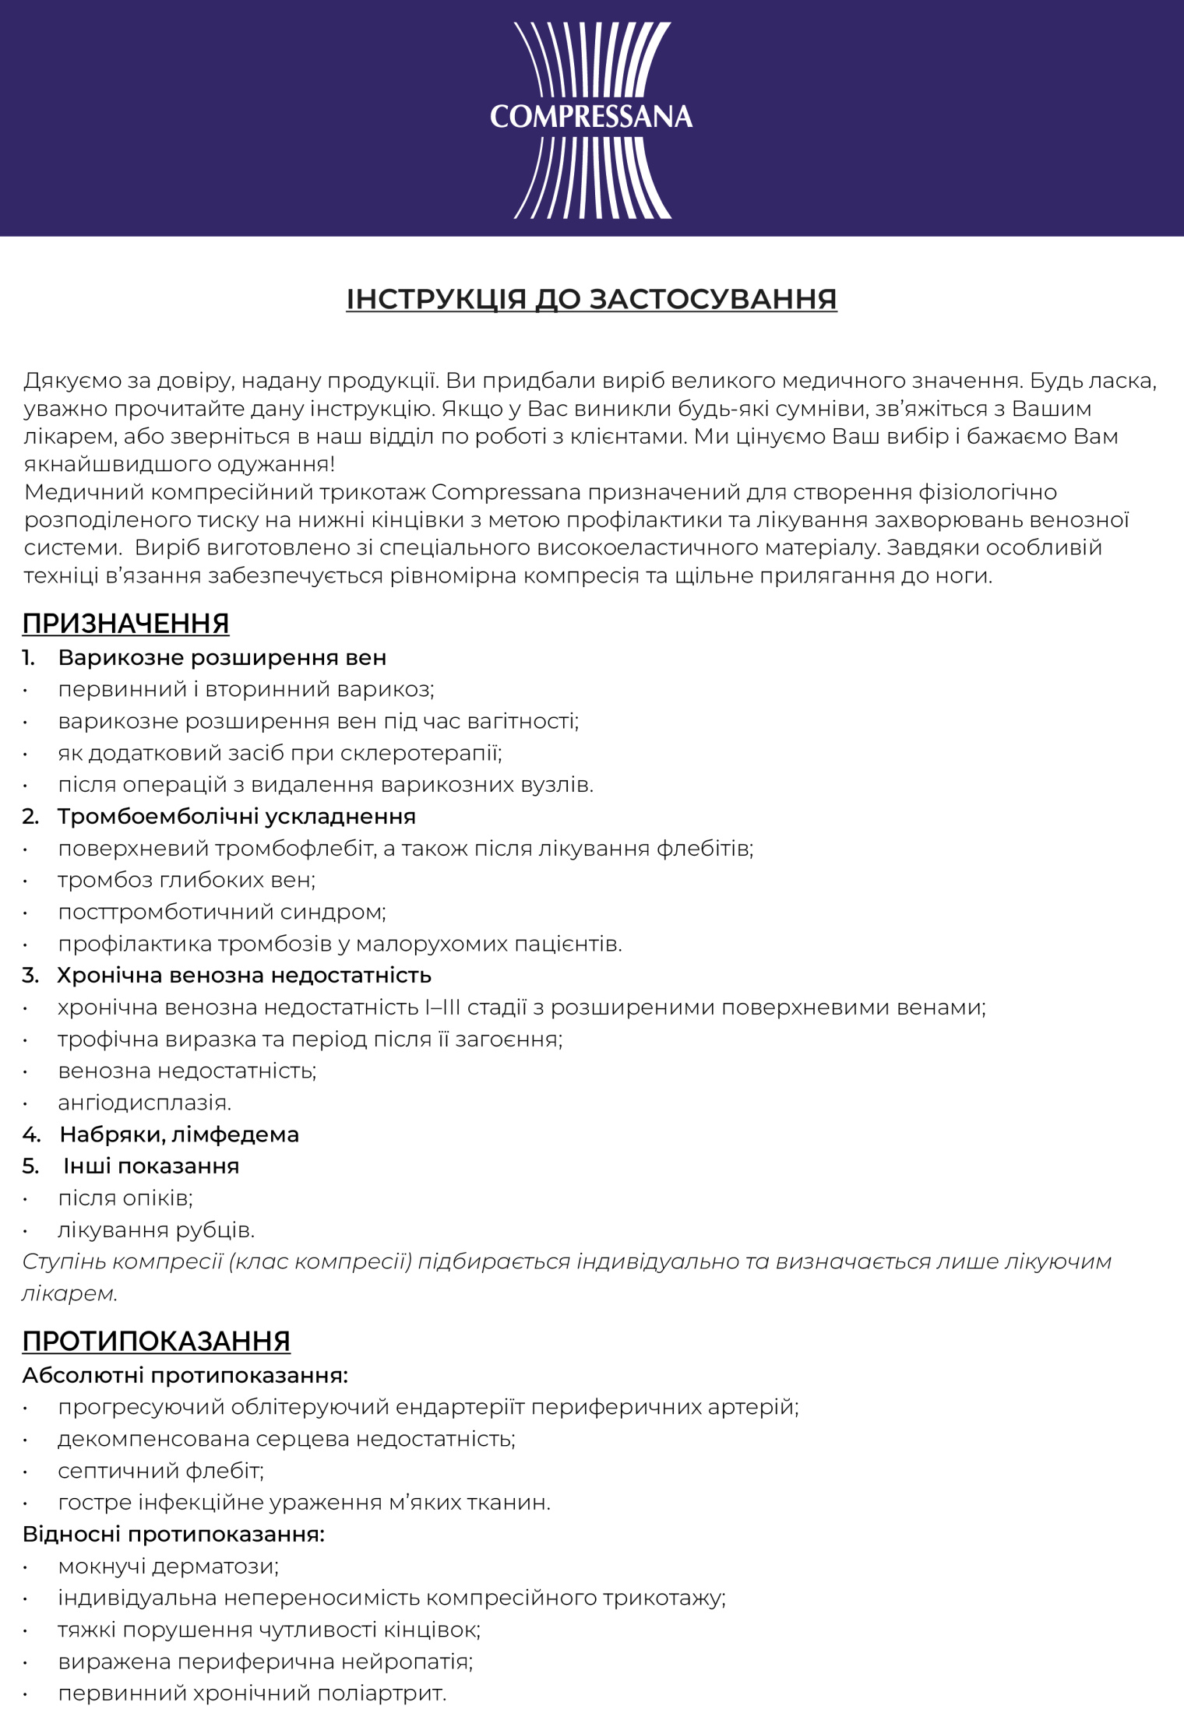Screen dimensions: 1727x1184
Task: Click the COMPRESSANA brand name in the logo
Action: pos(591,117)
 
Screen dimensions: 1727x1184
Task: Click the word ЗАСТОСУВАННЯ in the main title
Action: pos(713,300)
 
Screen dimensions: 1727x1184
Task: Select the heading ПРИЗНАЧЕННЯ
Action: pos(125,624)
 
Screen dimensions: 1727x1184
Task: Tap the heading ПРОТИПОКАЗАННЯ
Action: pos(156,1341)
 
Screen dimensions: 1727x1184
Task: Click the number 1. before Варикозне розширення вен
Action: pos(29,658)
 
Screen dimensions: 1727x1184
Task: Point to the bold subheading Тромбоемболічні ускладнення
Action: pos(236,817)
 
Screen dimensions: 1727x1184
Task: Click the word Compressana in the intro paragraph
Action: pos(506,492)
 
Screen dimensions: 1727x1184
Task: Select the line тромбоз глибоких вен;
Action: pos(187,881)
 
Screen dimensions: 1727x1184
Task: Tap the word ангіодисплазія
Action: pos(144,1103)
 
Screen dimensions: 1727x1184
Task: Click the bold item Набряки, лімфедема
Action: pos(179,1134)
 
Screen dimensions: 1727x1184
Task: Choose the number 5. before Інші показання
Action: pos(30,1166)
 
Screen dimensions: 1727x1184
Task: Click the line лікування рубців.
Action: pos(156,1230)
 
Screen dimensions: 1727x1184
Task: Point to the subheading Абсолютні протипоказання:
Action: pos(185,1375)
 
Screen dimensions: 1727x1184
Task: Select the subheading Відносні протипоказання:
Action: pos(173,1534)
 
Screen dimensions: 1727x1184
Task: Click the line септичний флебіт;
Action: pos(161,1471)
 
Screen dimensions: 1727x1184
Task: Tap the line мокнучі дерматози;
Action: pos(168,1566)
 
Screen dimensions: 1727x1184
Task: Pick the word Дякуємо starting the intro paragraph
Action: pos(71,381)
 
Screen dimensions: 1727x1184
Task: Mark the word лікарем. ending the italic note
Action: pos(69,1294)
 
